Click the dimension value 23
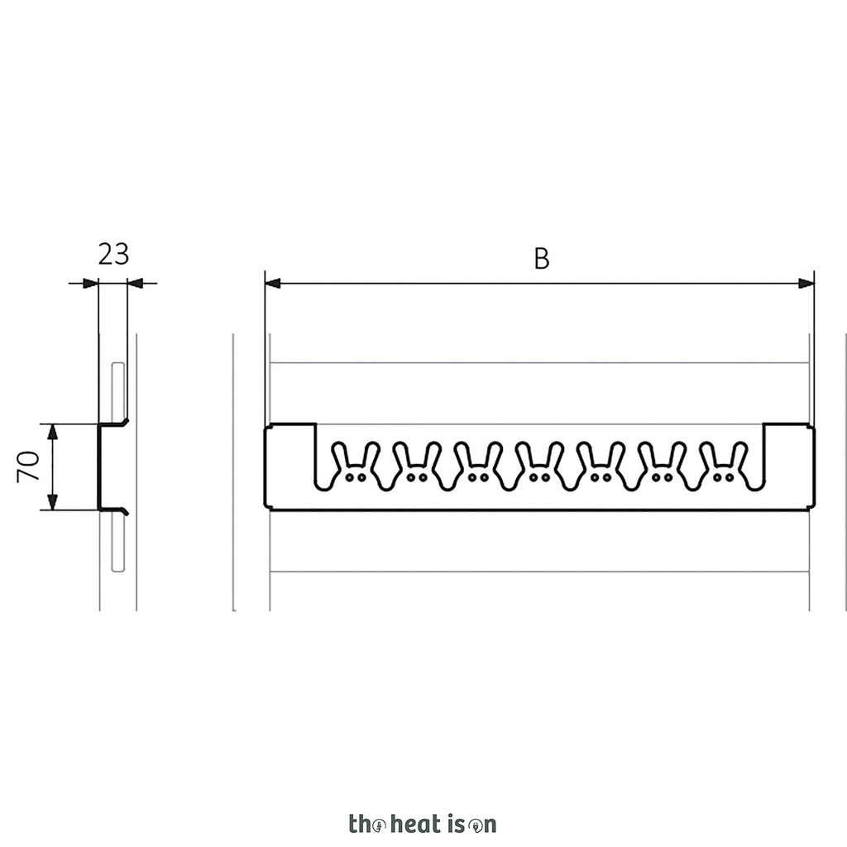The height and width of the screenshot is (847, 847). click(113, 254)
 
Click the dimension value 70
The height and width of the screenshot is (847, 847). click(28, 467)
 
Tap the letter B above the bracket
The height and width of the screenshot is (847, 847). click(542, 258)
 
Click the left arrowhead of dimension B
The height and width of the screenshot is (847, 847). click(273, 283)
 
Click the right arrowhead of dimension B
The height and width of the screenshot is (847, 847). click(806, 283)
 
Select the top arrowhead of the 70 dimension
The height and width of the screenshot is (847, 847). click(52, 432)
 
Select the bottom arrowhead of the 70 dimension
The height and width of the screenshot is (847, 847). click(52, 502)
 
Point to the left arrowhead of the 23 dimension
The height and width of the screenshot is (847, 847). click(91, 283)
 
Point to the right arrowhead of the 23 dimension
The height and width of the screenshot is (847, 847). click(135, 283)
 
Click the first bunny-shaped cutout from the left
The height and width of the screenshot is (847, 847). click(356, 467)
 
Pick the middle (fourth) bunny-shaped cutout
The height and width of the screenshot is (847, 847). click(539, 467)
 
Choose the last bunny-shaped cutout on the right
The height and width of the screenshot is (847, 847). click(723, 467)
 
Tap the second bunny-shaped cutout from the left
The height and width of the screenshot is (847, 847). click(417, 467)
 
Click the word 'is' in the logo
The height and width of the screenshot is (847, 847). click(456, 824)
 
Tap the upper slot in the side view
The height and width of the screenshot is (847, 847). click(117, 391)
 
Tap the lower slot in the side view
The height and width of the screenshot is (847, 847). click(117, 542)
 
